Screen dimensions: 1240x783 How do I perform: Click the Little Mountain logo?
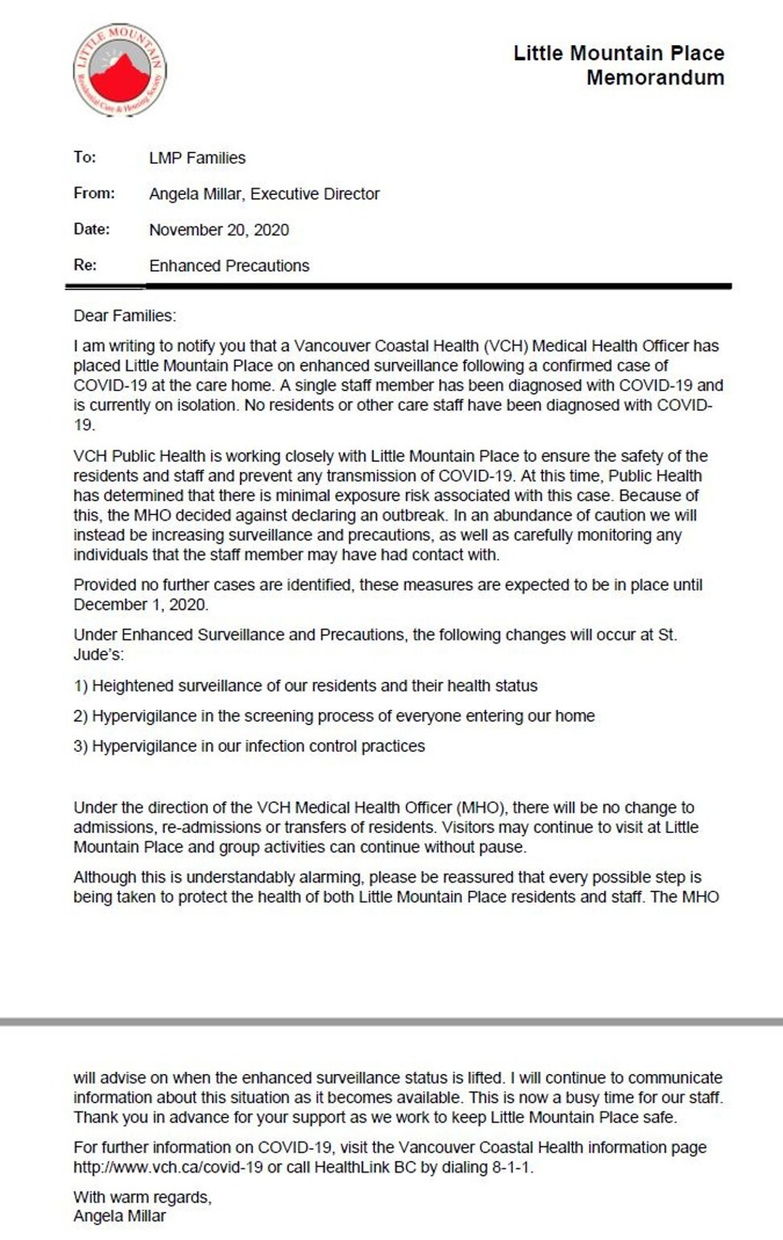[119, 70]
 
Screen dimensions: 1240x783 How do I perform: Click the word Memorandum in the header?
[655, 77]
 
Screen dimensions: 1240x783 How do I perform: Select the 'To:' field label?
[85, 158]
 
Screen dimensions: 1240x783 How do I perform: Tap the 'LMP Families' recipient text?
[197, 158]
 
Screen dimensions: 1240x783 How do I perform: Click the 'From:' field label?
[94, 194]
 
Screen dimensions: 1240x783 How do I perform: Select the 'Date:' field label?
[92, 229]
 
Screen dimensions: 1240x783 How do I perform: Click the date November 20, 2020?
[219, 230]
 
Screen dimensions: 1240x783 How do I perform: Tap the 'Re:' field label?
[85, 265]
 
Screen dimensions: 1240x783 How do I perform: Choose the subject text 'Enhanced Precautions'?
[229, 266]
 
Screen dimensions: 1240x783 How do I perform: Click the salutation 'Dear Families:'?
[125, 315]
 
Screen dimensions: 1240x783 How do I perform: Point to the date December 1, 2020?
[141, 604]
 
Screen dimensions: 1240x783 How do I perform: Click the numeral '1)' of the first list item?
[81, 686]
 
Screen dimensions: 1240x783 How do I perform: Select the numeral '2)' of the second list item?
[81, 717]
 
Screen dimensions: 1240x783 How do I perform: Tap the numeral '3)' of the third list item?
[81, 747]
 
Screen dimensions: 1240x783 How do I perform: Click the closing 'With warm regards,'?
[142, 1197]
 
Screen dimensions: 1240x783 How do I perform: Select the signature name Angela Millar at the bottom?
[119, 1216]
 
